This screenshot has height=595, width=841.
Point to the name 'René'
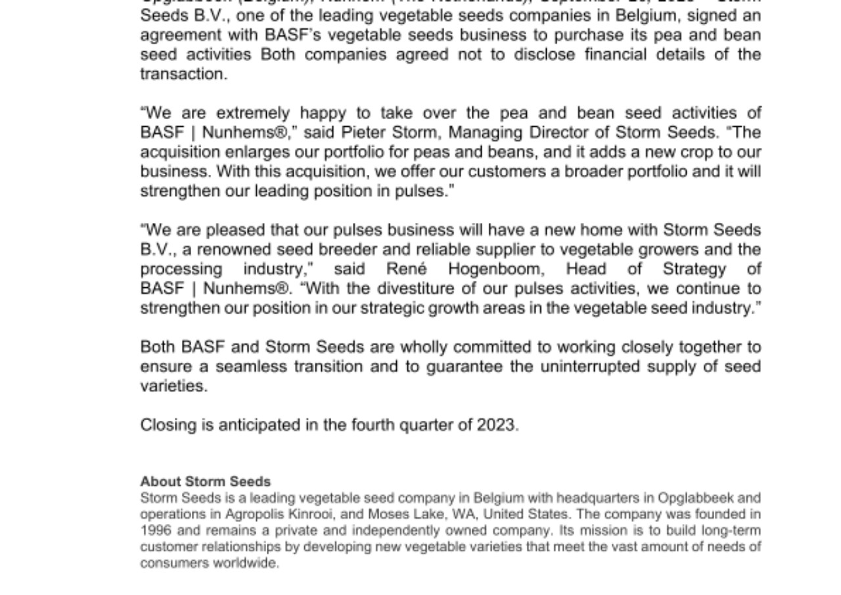click(x=406, y=269)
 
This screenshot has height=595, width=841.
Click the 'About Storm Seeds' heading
click(x=205, y=482)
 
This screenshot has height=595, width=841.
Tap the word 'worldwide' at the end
click(x=244, y=563)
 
